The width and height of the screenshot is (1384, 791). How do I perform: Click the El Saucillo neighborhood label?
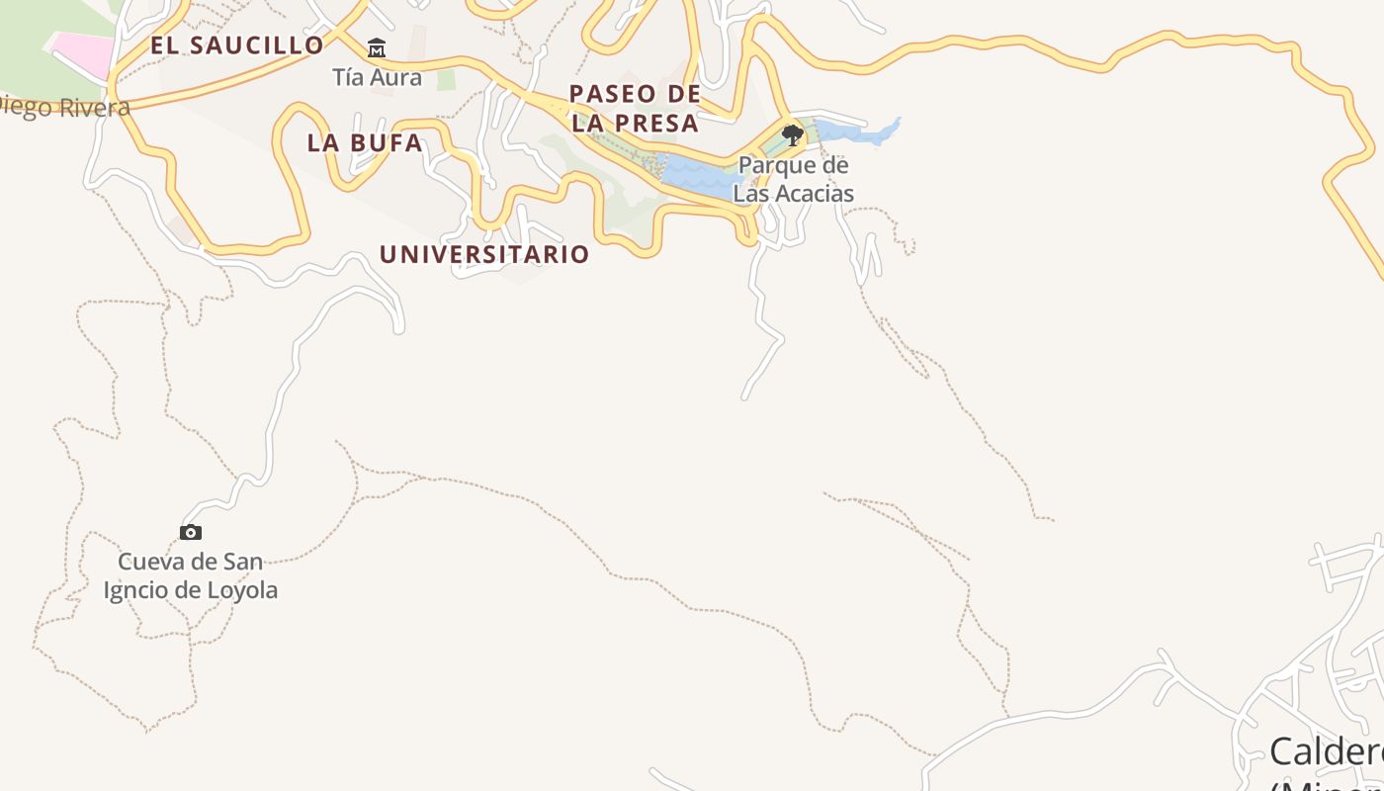click(237, 45)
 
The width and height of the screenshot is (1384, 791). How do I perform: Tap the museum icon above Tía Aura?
click(377, 48)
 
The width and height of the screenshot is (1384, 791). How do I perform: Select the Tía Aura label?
click(377, 77)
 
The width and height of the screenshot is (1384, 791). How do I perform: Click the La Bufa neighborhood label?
click(365, 142)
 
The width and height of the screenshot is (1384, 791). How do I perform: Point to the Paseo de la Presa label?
click(635, 109)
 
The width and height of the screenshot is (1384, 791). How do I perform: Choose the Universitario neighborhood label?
click(484, 254)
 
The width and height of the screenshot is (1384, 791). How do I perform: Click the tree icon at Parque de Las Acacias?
click(792, 134)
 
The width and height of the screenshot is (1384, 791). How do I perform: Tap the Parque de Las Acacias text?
click(793, 179)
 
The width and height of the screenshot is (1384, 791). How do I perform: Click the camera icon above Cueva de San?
click(191, 533)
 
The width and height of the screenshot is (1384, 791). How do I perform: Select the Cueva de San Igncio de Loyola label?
click(191, 576)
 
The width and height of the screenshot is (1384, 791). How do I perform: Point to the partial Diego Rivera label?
click(65, 107)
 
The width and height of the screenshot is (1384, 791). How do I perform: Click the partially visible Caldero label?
click(1325, 751)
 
